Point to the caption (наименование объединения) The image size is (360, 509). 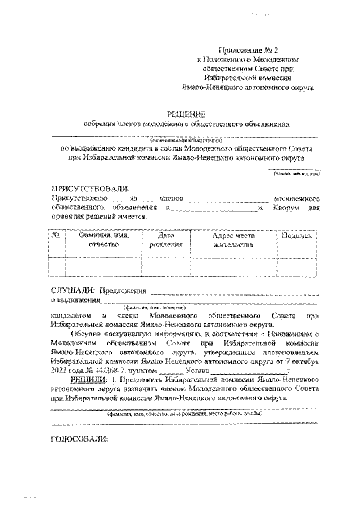tap(186, 139)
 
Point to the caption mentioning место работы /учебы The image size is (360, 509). tap(185, 413)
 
